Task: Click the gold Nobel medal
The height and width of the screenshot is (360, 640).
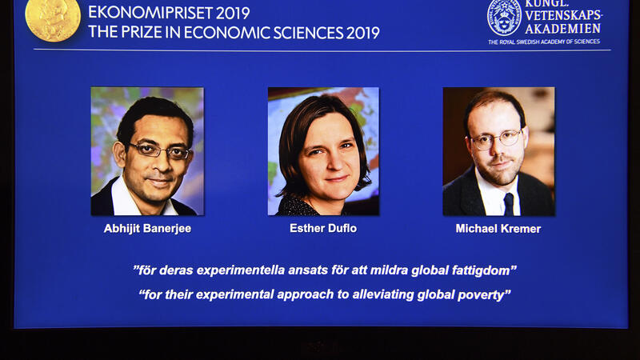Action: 53,18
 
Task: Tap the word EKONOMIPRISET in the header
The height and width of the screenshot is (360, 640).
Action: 150,13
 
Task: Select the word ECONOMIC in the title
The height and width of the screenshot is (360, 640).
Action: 226,33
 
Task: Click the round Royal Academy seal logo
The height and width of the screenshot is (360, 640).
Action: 504,18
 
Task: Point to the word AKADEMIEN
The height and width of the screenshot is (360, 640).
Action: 563,29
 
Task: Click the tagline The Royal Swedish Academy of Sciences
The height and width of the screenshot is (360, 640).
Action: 544,42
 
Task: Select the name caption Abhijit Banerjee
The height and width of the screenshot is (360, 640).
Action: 147,229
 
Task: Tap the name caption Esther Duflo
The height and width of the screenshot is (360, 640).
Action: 323,228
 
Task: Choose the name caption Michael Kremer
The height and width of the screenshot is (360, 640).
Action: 498,229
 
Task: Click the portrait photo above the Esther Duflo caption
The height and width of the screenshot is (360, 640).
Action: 323,151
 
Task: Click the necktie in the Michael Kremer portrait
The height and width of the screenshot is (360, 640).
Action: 509,204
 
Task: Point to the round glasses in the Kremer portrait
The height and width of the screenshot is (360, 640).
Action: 496,138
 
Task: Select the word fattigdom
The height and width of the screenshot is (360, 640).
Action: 481,270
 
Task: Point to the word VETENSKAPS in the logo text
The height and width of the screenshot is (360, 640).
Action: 563,15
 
